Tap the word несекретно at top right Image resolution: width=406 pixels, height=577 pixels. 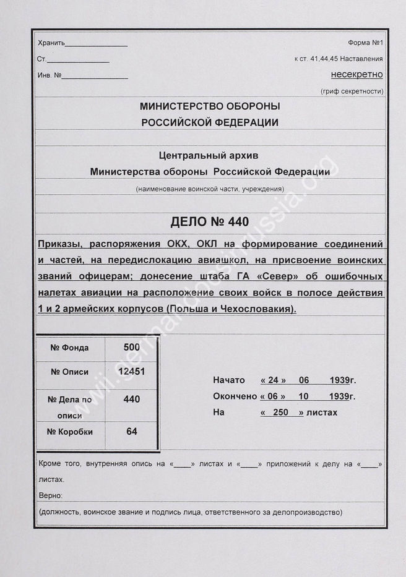coord(357,75)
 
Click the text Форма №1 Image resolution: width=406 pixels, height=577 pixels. coord(366,43)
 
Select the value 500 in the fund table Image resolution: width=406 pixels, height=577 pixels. coord(131,347)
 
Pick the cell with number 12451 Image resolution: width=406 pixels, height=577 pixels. coord(131,372)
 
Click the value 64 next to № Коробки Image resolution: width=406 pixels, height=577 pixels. coord(131,431)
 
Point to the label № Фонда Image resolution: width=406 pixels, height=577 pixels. coord(69,348)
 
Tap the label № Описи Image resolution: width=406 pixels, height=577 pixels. coord(69,372)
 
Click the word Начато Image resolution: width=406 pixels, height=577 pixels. coord(228,380)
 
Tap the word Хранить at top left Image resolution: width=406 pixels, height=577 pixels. coord(51,43)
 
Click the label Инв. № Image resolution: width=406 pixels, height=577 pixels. coord(50,75)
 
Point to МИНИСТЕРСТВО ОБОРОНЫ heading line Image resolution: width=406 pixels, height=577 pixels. coord(210,106)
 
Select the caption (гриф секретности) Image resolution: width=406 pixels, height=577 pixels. coord(352,92)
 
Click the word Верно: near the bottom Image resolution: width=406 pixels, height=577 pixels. coord(50,496)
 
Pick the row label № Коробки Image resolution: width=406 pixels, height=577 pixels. coord(69,432)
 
